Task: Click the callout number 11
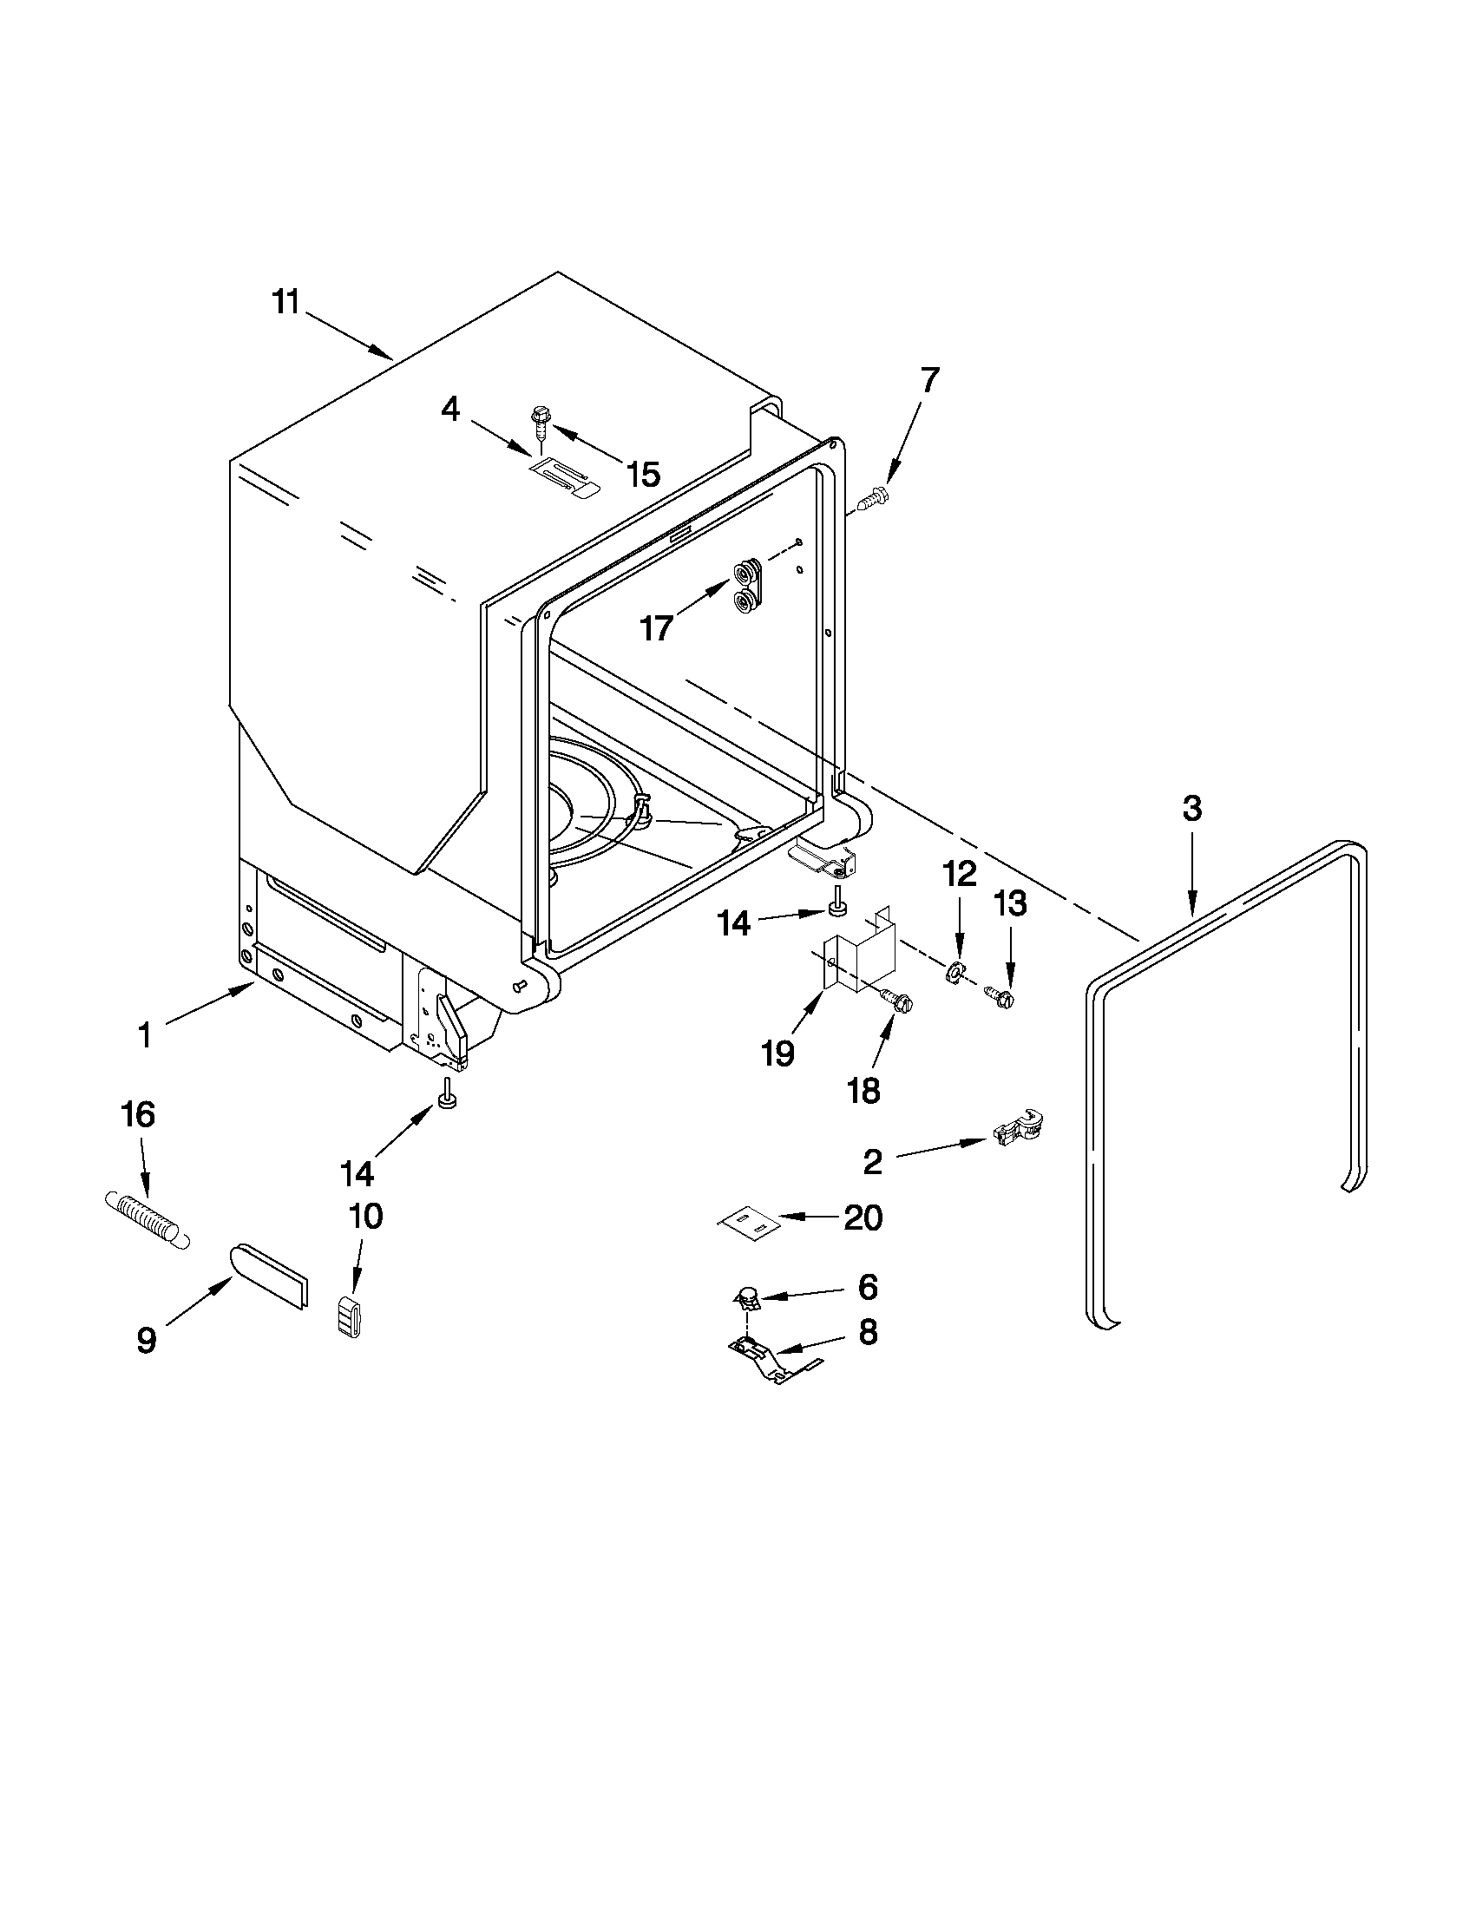click(x=285, y=303)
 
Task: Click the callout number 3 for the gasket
click(x=1191, y=809)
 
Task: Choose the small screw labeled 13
click(x=1000, y=996)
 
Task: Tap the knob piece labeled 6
click(x=748, y=1297)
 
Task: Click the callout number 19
click(x=777, y=1053)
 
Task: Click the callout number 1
click(x=145, y=1036)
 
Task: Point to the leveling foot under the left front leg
click(x=449, y=1098)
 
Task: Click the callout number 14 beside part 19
click(x=733, y=922)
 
